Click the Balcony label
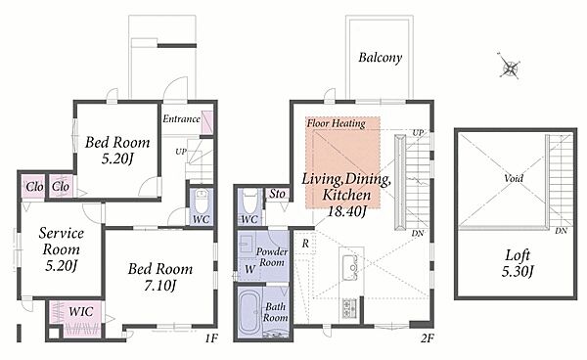coord(380,58)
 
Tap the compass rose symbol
coord(510,67)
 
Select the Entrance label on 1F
coord(181,119)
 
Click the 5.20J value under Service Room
coord(61,266)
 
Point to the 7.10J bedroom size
coord(159,286)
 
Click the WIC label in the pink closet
coord(81,311)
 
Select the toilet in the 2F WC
coord(249,201)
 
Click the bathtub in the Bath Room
coord(249,313)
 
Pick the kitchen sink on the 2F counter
coord(349,264)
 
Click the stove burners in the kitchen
coord(349,308)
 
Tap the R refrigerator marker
coord(305,244)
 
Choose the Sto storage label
coord(278,194)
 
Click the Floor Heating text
coord(336,123)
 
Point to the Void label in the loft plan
coord(514,178)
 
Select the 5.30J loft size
coord(518,271)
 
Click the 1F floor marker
coord(210,338)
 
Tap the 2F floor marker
coord(428,338)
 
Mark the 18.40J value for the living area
coord(346,211)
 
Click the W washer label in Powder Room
coord(249,269)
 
